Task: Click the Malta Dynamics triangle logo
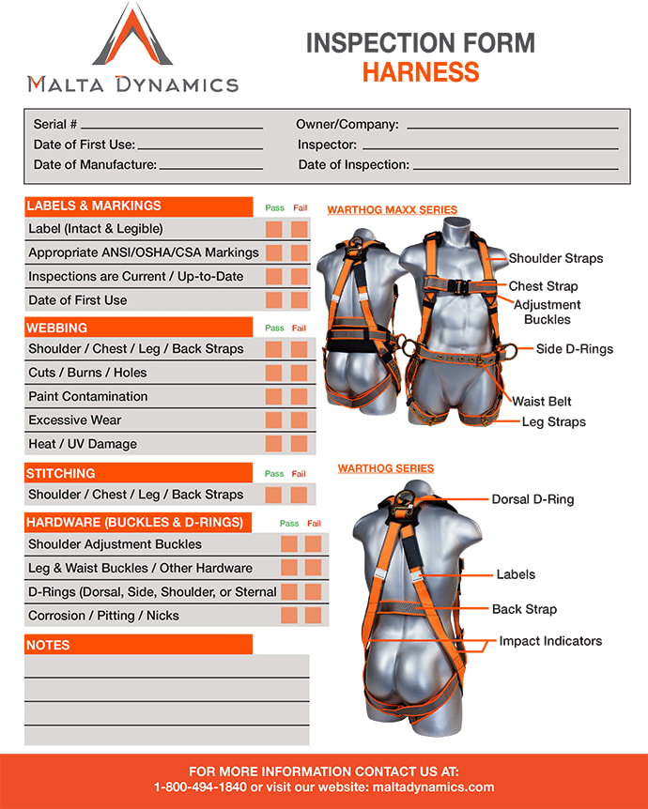132,34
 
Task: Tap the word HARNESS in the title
421,71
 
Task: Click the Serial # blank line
172,128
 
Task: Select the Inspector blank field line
490,148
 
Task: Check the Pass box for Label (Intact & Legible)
273,229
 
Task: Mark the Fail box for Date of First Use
299,300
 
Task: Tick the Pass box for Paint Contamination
273,397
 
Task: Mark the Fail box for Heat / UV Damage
299,444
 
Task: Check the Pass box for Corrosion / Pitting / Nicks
289,615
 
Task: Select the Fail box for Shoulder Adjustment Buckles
313,543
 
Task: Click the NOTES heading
48,645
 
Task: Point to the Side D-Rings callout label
574,349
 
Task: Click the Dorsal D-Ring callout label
532,499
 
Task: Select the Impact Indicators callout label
550,641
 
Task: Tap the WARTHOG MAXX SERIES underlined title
392,210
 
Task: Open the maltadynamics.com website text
433,787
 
